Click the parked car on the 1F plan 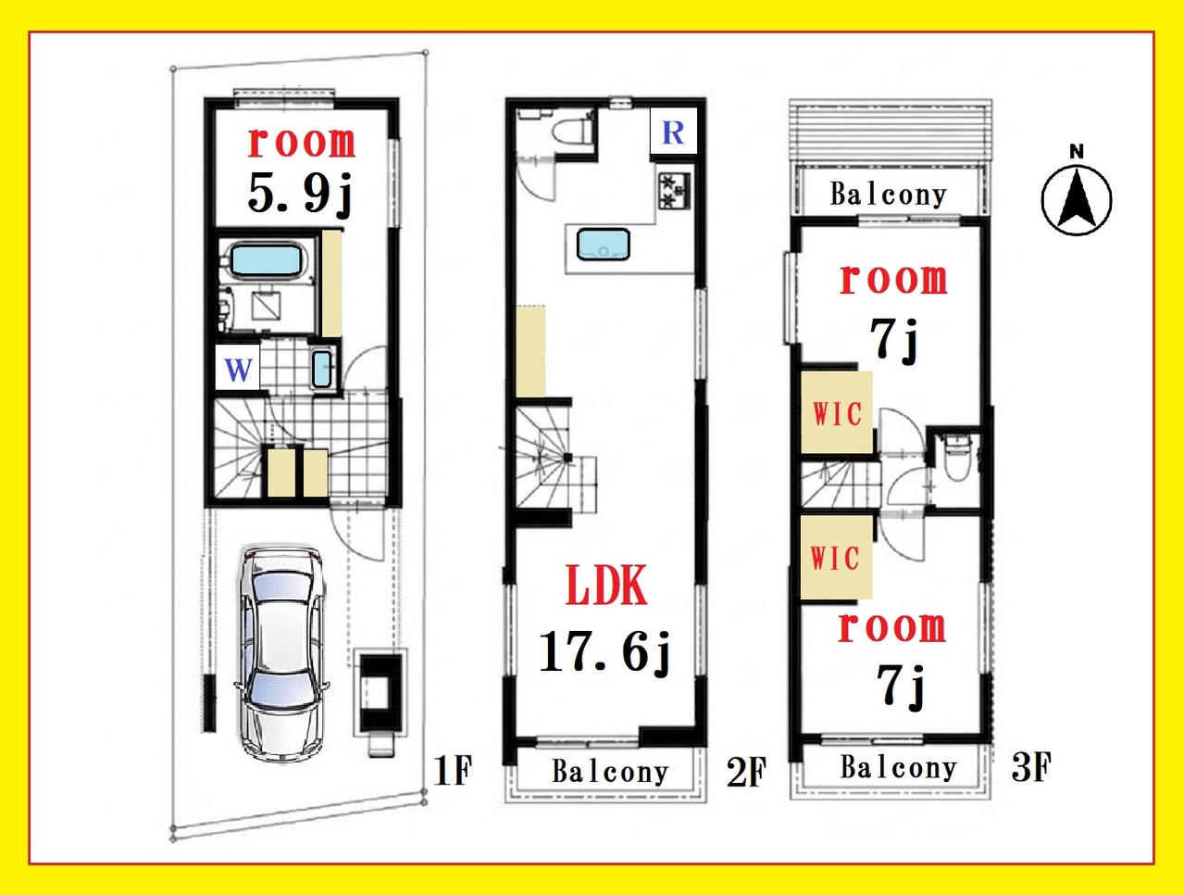click(281, 654)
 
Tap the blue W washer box click(238, 368)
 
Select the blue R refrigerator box click(673, 131)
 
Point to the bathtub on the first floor click(266, 259)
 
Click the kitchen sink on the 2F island click(603, 245)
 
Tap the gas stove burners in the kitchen click(674, 191)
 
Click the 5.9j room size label click(300, 193)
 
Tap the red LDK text click(606, 586)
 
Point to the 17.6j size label click(604, 651)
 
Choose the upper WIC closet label click(837, 414)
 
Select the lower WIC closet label click(835, 558)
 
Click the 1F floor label click(453, 770)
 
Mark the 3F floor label click(1031, 767)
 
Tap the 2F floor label click(746, 773)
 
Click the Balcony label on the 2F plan click(610, 772)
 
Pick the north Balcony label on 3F click(889, 195)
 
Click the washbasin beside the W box click(322, 369)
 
